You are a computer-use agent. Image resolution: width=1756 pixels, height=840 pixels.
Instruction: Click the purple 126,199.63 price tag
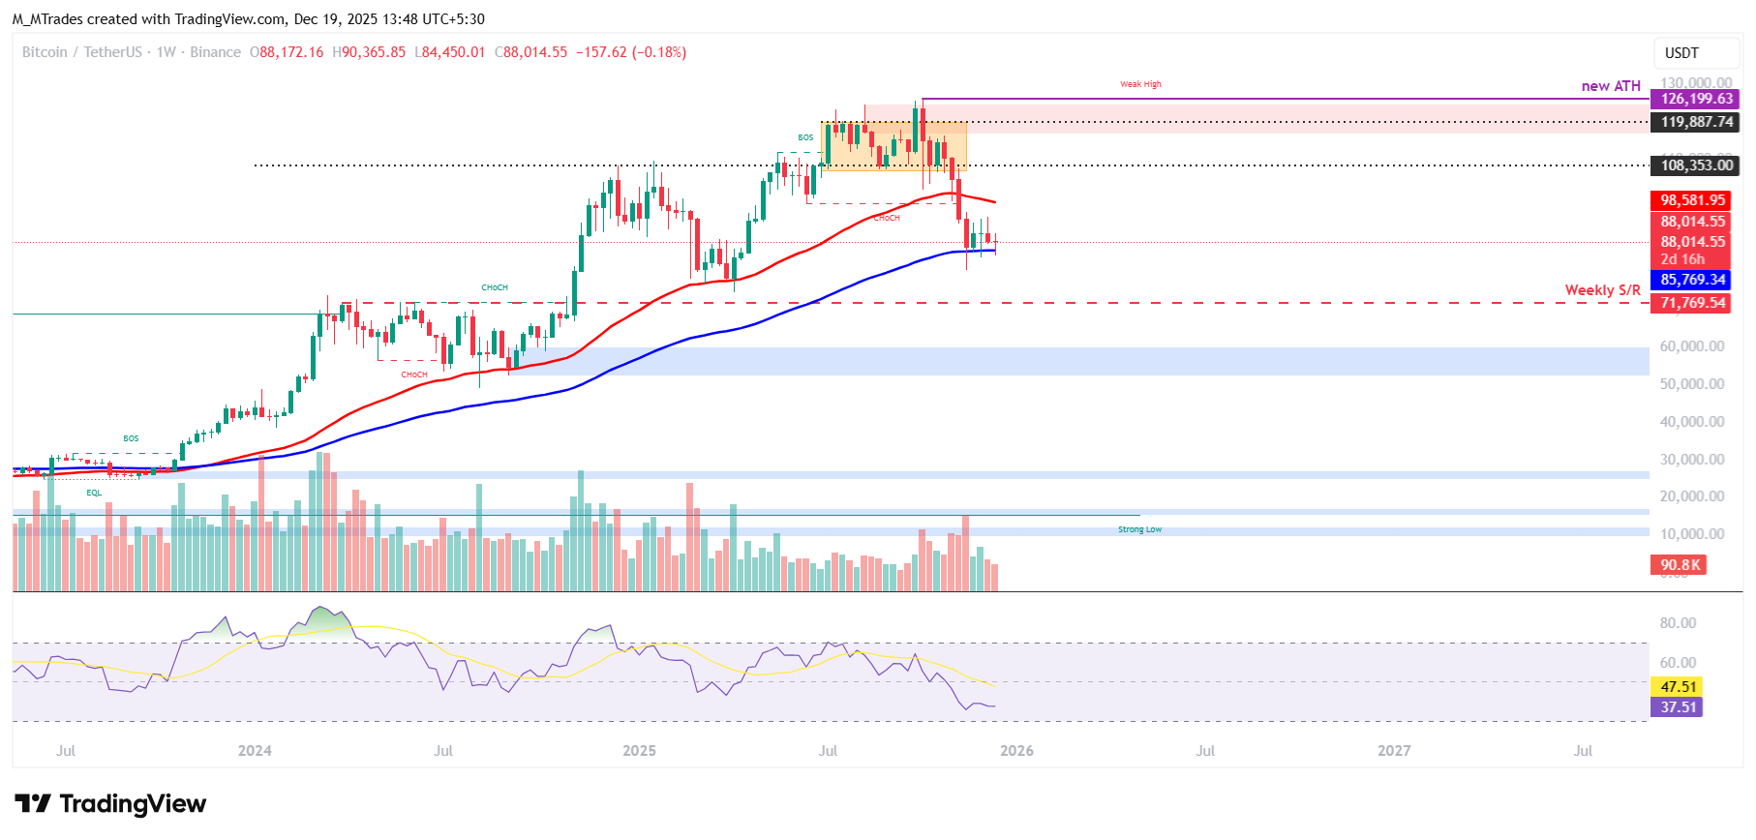point(1695,99)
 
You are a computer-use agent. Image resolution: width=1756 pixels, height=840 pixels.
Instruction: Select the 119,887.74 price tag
point(1695,122)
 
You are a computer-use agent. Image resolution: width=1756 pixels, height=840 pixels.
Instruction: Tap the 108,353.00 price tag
point(1695,165)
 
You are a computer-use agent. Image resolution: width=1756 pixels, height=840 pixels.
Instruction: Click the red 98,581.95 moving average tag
point(1692,200)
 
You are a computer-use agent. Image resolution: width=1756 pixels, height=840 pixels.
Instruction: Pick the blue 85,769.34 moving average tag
point(1692,280)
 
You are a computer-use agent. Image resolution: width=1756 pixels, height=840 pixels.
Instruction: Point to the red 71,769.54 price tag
point(1692,303)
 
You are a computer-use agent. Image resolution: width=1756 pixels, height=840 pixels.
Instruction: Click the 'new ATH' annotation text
point(1610,86)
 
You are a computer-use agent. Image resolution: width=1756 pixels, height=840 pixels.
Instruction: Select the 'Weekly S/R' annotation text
point(1602,290)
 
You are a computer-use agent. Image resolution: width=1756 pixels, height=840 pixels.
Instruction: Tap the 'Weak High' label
point(1140,84)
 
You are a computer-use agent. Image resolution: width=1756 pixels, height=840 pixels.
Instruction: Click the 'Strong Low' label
point(1139,529)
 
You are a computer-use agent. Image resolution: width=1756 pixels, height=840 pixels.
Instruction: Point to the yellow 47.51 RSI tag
point(1678,687)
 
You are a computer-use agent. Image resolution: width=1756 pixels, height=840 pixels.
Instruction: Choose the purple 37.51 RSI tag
point(1678,707)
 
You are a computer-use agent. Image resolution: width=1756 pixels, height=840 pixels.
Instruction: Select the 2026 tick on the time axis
point(1016,751)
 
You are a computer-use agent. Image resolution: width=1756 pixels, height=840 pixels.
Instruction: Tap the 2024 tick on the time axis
point(255,751)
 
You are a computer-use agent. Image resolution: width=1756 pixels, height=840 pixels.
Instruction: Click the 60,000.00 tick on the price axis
point(1691,346)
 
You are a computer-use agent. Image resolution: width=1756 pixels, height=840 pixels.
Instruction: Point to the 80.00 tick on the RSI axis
point(1678,623)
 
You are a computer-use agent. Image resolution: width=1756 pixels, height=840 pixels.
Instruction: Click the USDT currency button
point(1681,53)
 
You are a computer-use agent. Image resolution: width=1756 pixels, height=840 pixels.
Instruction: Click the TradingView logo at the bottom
point(110,804)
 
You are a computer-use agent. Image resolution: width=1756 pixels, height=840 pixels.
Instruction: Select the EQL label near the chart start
point(94,493)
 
